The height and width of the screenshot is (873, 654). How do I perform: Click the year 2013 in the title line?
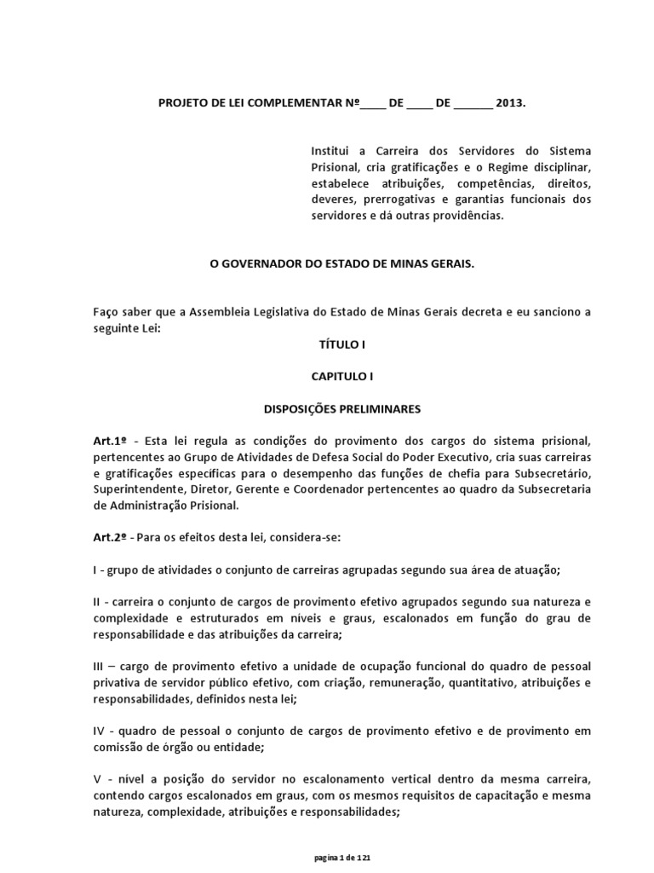pos(509,102)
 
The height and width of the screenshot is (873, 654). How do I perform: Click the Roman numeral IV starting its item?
pos(100,731)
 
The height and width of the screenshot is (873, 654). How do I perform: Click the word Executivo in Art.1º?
pos(457,457)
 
